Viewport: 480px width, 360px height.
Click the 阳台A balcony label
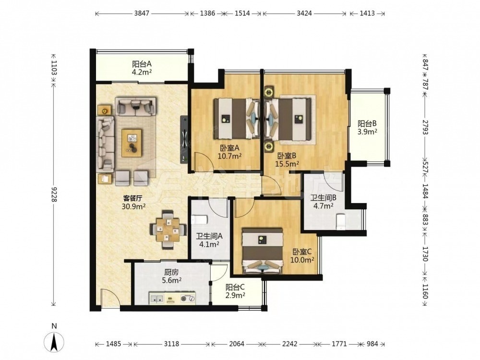142,64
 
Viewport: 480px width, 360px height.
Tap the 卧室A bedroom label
229,148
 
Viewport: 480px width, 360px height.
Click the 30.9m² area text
133,206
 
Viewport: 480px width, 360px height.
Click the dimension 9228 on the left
54,194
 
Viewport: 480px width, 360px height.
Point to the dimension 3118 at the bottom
171,344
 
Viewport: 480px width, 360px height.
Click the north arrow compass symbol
54,342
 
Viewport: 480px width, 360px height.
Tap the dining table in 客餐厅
168,229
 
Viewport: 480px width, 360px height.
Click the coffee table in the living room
132,143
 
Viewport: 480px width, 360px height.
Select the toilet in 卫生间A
199,219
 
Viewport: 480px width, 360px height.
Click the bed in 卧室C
263,251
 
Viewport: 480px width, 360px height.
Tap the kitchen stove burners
187,298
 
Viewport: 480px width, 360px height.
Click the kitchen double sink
157,298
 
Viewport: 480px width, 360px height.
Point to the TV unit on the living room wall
184,139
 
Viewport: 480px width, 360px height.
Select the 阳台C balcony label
235,291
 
